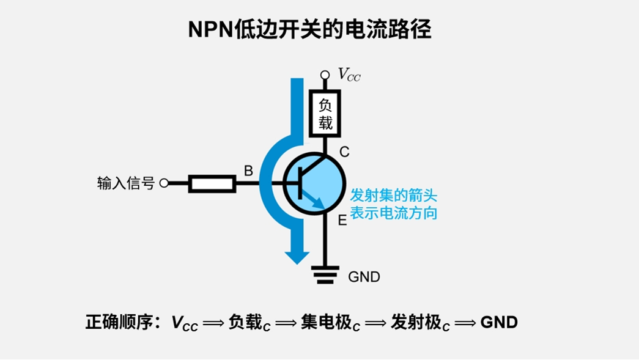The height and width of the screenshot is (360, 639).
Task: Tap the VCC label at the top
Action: click(x=349, y=75)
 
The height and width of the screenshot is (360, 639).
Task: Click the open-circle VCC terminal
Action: click(x=325, y=75)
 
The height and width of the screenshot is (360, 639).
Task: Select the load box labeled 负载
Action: click(x=325, y=114)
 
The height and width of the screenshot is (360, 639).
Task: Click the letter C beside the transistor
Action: click(x=344, y=152)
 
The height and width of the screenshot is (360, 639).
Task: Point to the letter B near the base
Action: click(x=248, y=171)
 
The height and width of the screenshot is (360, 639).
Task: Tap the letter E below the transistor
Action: click(x=342, y=221)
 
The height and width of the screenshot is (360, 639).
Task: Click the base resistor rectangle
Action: click(x=212, y=183)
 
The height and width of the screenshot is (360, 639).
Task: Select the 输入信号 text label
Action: click(x=125, y=183)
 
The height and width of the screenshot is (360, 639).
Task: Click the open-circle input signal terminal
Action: click(x=163, y=183)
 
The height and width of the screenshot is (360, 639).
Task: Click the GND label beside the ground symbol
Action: click(x=364, y=277)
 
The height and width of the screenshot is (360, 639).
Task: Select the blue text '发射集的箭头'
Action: click(x=393, y=196)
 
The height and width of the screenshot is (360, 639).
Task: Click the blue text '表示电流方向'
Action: click(x=393, y=213)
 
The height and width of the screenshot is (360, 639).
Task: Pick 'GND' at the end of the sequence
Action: click(x=499, y=322)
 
